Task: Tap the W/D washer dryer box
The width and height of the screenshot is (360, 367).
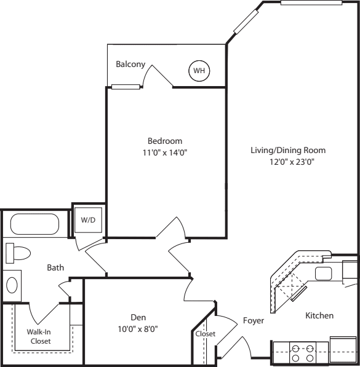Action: [88, 220]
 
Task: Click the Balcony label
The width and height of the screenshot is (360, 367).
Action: [130, 64]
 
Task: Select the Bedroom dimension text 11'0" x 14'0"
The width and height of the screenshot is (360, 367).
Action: [165, 152]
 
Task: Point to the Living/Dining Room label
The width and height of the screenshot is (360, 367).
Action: [288, 150]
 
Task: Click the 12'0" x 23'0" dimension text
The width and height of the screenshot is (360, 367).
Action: [292, 162]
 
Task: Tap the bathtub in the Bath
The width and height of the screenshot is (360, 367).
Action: [34, 224]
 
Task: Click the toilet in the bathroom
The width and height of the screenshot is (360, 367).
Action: [18, 253]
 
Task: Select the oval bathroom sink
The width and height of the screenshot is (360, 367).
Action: [12, 285]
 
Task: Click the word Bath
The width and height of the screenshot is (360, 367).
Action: [55, 267]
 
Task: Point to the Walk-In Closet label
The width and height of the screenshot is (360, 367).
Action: [39, 336]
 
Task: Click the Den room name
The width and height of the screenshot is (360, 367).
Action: [138, 317]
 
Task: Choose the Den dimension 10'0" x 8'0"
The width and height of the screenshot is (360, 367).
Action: [138, 329]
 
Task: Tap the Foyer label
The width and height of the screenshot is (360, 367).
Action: [254, 321]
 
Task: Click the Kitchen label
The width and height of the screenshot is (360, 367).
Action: [319, 315]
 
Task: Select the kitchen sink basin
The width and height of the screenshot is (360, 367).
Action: [324, 274]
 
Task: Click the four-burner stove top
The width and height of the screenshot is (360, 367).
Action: [303, 353]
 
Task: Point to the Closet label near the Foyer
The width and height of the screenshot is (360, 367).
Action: [206, 334]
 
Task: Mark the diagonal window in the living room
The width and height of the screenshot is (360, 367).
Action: [246, 22]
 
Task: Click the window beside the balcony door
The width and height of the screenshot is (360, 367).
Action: [126, 87]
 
